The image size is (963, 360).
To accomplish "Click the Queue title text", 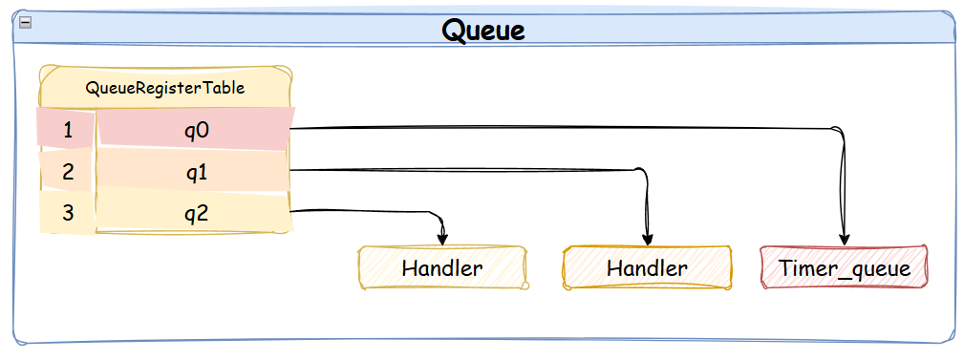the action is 483,31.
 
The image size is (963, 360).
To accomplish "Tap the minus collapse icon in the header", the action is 25,22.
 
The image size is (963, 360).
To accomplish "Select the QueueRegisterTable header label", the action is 165,88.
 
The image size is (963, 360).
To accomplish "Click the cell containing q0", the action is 196,129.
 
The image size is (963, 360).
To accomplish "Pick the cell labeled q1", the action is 194,170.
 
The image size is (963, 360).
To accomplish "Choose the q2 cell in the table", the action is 194,212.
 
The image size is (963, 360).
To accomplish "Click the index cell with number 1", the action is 68,129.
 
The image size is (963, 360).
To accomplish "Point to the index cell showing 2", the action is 68,171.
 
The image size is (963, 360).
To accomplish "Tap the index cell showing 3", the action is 68,213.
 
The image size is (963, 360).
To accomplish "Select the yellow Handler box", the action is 443,267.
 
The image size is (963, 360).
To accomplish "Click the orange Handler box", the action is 648,267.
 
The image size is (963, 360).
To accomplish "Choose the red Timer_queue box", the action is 844,267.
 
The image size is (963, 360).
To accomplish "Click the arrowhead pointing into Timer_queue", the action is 845,241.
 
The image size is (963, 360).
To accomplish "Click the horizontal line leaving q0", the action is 562,128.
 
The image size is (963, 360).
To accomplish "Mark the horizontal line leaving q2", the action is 362,211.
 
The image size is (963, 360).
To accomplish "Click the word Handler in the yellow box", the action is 442,267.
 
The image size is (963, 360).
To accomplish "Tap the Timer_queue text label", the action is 845,268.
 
